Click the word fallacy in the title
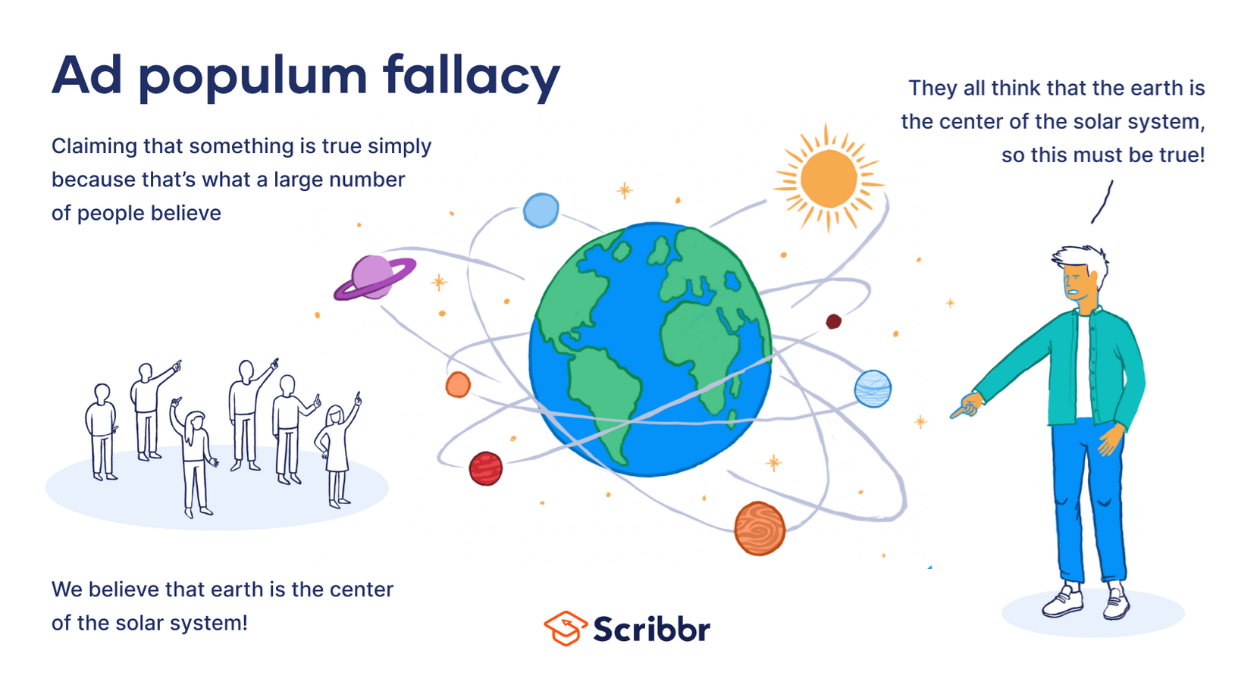(472, 77)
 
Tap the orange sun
(828, 178)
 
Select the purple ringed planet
(375, 277)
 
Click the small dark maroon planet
(833, 321)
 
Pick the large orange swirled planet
(760, 528)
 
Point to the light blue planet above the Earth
(541, 210)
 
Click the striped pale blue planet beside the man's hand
(873, 389)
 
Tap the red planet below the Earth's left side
(486, 468)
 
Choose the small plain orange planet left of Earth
(458, 384)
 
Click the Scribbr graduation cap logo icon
(566, 628)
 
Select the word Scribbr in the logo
(652, 629)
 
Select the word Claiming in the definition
(95, 147)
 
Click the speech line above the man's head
(1102, 202)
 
